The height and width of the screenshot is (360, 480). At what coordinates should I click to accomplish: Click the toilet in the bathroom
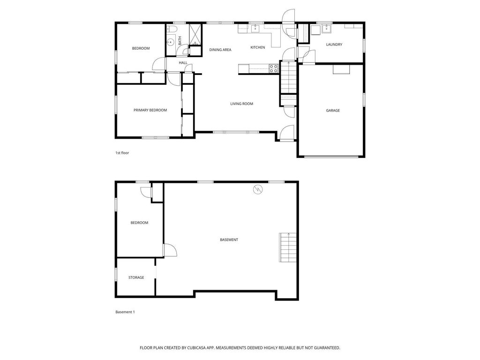pos(172,30)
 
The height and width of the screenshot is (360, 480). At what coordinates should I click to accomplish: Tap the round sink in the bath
pos(171,42)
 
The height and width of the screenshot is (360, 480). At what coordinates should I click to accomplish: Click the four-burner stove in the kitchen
pos(274,69)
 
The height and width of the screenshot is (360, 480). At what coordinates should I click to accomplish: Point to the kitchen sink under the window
pos(255,29)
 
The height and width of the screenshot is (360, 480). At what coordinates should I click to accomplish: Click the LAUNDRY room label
pos(334,45)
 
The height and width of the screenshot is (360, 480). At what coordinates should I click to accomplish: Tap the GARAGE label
pos(333,111)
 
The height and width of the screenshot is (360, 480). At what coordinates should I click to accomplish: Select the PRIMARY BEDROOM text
pos(150,110)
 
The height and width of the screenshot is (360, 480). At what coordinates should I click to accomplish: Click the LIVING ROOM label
pos(241,104)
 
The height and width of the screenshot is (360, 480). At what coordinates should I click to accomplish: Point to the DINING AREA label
pos(220,50)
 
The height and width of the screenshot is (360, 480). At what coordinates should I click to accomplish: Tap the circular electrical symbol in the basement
pos(257,189)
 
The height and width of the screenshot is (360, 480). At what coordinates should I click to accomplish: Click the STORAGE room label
pos(136,277)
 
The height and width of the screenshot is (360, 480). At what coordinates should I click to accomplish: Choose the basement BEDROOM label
pos(139,223)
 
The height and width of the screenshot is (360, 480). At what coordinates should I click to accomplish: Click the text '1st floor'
pos(122,153)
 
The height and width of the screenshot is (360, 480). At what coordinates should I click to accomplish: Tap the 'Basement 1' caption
pos(125,312)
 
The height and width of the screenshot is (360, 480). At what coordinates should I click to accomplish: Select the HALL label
pos(183,62)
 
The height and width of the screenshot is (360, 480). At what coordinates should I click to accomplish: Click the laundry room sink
pos(326,30)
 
